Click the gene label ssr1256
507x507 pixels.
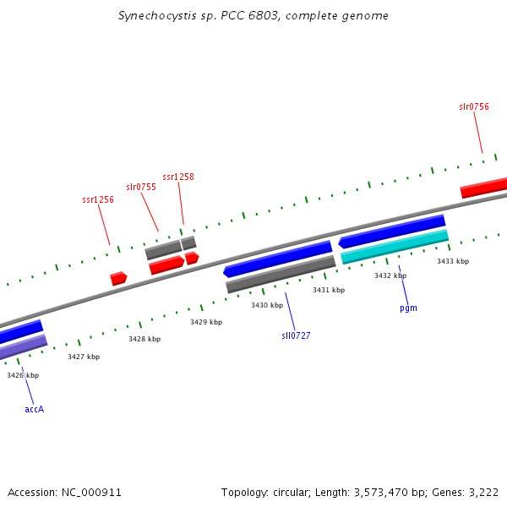[98, 199]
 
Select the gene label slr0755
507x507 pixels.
[141, 187]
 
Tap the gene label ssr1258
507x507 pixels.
[178, 177]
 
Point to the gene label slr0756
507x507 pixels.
[474, 106]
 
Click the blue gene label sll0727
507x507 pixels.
[296, 335]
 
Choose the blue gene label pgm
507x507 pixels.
[408, 308]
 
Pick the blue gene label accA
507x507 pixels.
[34, 409]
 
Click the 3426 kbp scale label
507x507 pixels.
[23, 375]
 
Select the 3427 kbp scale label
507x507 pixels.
[84, 357]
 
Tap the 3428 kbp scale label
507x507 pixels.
[144, 339]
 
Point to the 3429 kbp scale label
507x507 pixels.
[206, 322]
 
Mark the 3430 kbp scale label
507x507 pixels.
[267, 305]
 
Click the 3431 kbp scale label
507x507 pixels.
[329, 290]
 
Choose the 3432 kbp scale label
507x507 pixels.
[390, 275]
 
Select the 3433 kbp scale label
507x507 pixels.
[453, 261]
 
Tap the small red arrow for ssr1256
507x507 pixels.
[118, 278]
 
